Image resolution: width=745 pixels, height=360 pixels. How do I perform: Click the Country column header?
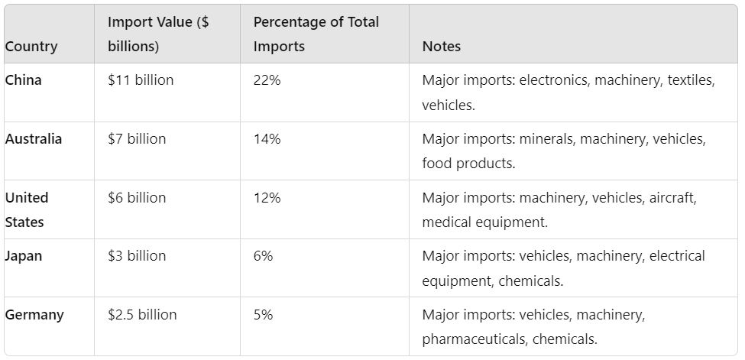pos(31,47)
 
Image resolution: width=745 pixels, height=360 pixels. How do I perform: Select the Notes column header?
pos(441,47)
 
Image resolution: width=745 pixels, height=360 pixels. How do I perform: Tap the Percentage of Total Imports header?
pos(316,34)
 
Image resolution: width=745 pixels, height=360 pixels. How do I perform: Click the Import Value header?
pos(158,34)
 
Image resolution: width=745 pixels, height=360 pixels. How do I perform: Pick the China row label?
pos(24,80)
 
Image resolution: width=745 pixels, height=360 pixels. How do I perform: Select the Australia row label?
pos(34,139)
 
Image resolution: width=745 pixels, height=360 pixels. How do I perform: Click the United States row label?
pos(27,209)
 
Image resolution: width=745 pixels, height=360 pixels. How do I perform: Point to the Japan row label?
pos(24,256)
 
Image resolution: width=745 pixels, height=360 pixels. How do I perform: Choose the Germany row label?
pos(34,314)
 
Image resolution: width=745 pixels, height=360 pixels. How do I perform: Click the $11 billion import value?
pos(141,80)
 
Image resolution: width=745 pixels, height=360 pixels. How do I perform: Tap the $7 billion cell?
pos(137,139)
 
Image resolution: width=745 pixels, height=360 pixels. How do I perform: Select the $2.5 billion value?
pos(142,314)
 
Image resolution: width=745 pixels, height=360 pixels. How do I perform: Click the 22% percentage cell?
pos(267,80)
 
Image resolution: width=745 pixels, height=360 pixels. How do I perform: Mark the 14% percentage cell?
pos(267,139)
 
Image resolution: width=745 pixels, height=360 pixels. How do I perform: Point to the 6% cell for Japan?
pos(263,256)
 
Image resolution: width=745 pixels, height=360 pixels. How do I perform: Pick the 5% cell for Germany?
pos(263,314)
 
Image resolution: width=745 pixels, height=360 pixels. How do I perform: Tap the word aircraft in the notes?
pos(673,197)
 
